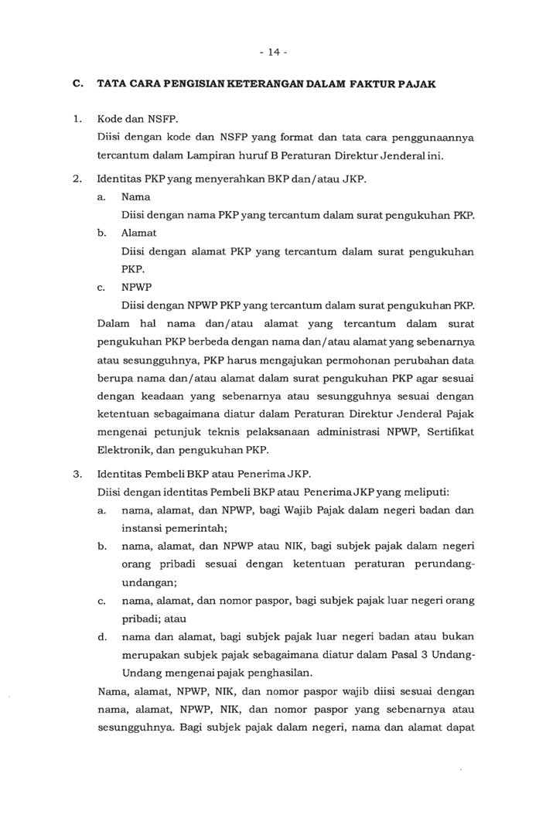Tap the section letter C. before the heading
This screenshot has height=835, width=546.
[x=77, y=83]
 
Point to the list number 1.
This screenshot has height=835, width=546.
[x=77, y=120]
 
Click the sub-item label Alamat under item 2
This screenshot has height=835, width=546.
[x=139, y=233]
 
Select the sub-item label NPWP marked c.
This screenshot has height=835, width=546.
[x=137, y=287]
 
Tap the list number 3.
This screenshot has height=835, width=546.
[x=77, y=474]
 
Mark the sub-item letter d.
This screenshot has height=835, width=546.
[x=102, y=636]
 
